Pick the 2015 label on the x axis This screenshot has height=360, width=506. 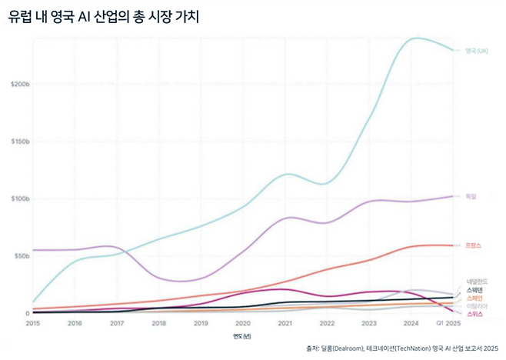click(33, 324)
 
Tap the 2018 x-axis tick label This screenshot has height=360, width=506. click(158, 324)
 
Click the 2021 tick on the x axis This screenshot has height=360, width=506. click(285, 324)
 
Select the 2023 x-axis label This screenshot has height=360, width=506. click(368, 324)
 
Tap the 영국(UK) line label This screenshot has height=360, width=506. click(477, 51)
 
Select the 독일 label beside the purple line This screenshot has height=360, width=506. click(471, 197)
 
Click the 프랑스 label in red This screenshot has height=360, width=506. click(473, 245)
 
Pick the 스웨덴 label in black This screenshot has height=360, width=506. click(474, 290)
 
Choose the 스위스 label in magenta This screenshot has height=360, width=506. click(474, 314)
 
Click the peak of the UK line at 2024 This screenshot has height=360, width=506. click(415, 38)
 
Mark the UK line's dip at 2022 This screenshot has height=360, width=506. click(328, 184)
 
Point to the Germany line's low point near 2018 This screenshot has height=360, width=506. click(177, 282)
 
